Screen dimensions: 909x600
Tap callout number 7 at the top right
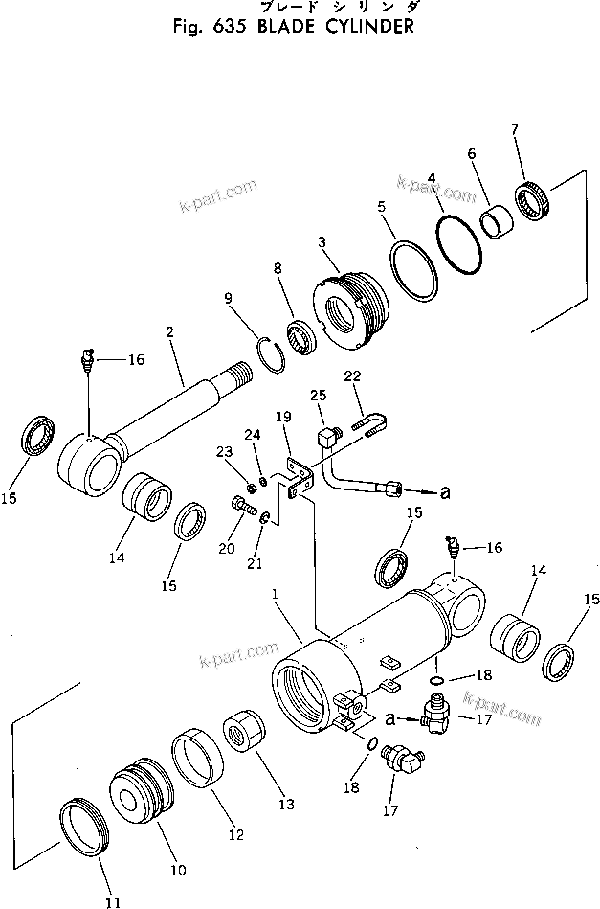tap(515, 129)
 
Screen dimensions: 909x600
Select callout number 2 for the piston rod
tap(168, 331)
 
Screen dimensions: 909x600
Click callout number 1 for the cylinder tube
tap(274, 594)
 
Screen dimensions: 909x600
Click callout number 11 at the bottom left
tap(113, 902)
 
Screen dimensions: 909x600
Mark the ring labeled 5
tap(413, 271)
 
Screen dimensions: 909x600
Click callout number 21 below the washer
tap(255, 564)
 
